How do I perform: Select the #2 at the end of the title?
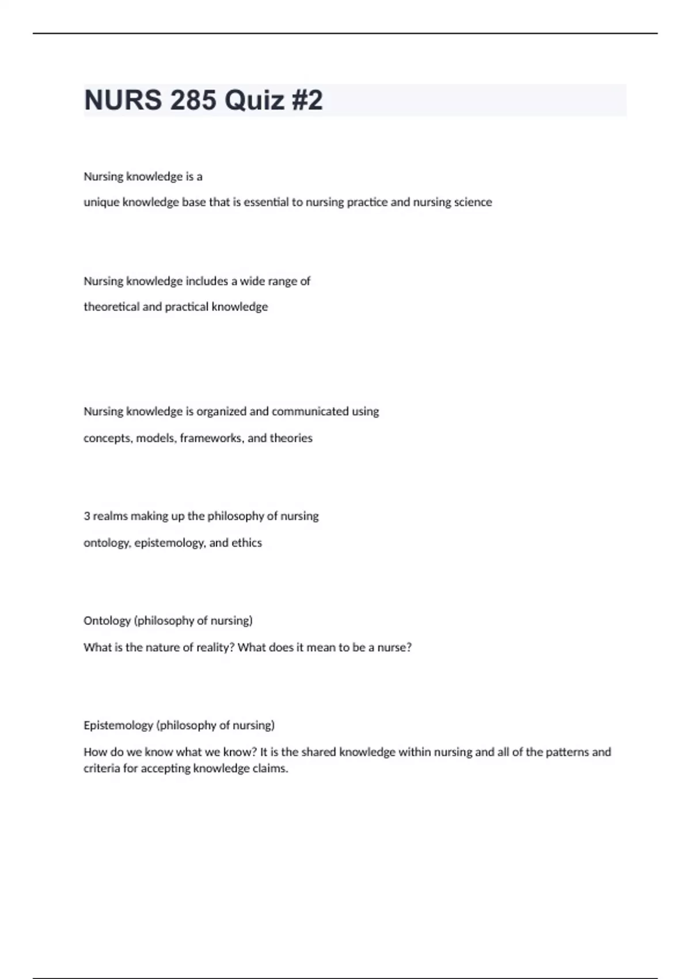pos(307,100)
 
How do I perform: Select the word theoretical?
pos(111,307)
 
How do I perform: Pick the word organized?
pos(221,411)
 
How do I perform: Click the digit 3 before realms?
pos(87,516)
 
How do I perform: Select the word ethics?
pos(246,542)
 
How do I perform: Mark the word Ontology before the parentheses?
pos(107,621)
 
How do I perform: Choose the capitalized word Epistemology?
pos(118,726)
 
